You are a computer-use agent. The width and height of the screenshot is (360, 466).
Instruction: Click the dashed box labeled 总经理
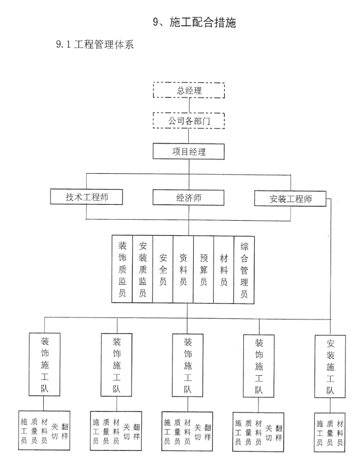189,90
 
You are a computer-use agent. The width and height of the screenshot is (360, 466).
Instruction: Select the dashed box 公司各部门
189,120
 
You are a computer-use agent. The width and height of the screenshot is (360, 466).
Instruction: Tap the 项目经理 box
189,152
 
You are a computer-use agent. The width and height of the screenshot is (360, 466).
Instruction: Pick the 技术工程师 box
86,197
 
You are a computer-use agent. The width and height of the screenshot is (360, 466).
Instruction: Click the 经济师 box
188,198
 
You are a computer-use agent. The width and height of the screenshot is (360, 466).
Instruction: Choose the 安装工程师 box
290,198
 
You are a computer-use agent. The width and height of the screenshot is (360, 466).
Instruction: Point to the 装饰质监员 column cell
122,269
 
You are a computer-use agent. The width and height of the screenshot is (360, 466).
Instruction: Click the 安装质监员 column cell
142,269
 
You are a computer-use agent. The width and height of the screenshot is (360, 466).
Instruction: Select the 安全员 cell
163,269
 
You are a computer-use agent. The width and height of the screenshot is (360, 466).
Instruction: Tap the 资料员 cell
183,269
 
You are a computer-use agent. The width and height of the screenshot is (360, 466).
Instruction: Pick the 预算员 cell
203,270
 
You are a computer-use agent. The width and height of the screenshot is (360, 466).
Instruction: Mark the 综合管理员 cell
244,270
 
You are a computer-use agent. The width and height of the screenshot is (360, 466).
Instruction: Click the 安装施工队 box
330,367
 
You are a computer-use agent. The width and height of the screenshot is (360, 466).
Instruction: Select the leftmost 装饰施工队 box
44,364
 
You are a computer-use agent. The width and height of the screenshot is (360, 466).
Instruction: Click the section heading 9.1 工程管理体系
95,44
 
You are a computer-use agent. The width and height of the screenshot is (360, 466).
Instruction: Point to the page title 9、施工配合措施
194,22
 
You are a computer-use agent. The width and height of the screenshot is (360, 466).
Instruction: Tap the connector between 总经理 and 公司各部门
189,105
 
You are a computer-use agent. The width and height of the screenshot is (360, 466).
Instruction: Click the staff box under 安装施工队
330,432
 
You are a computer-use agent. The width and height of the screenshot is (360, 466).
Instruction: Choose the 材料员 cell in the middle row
224,270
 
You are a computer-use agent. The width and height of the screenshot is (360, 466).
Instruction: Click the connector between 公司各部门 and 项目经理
189,136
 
